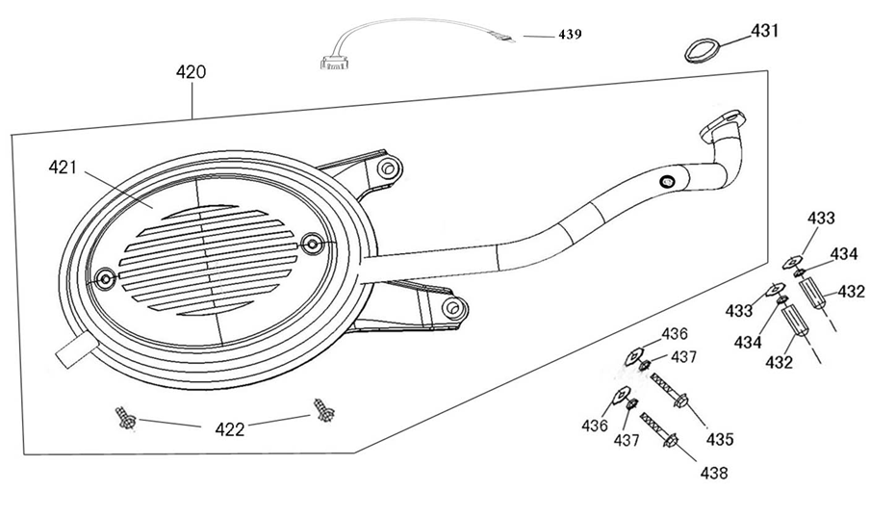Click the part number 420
click(191, 72)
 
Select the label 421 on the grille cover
click(64, 168)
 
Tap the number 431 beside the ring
click(765, 31)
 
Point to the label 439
click(570, 34)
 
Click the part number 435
click(719, 439)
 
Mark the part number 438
click(713, 473)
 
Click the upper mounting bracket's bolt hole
click(386, 169)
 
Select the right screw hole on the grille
click(310, 243)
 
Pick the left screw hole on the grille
click(105, 279)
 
